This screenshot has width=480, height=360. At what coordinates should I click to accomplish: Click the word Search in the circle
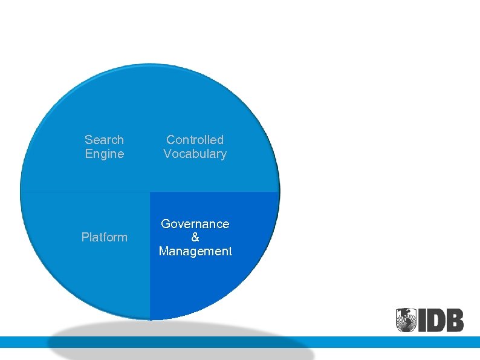pyautogui.click(x=104, y=140)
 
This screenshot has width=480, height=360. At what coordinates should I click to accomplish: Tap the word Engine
pyautogui.click(x=104, y=154)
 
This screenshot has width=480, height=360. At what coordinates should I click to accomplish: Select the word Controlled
pyautogui.click(x=195, y=140)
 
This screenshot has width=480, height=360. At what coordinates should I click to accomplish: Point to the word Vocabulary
pyautogui.click(x=195, y=154)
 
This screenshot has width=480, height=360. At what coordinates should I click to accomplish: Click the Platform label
pyautogui.click(x=104, y=237)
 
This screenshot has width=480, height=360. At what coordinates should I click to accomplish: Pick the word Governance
pyautogui.click(x=195, y=224)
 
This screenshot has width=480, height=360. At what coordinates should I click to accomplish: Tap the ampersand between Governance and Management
pyautogui.click(x=195, y=237)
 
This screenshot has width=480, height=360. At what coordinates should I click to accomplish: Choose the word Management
pyautogui.click(x=195, y=251)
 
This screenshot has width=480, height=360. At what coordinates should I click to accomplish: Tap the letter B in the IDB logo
pyautogui.click(x=455, y=320)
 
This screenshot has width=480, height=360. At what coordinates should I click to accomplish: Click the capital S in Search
pyautogui.click(x=88, y=140)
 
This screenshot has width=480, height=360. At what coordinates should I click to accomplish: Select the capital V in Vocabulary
pyautogui.click(x=167, y=154)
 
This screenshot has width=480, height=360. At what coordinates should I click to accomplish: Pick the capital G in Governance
pyautogui.click(x=165, y=224)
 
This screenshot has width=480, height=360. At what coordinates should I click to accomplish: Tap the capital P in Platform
pyautogui.click(x=85, y=237)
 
